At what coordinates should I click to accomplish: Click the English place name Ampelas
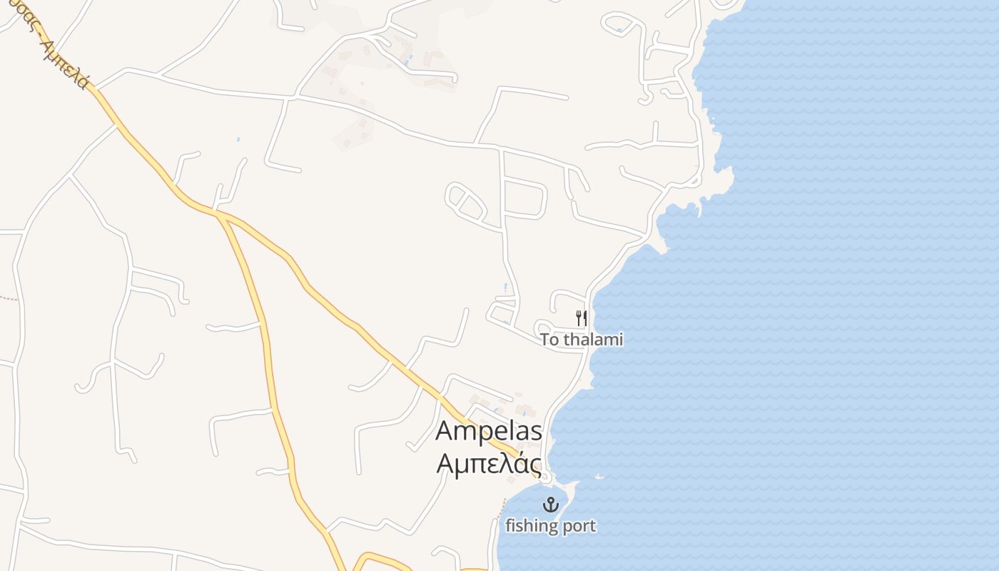coord(488,431)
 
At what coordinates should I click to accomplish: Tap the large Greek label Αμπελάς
coord(488,464)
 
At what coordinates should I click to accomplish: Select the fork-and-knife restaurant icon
coord(582,318)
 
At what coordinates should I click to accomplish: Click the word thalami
coord(593,340)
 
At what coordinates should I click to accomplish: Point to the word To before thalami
coord(549,340)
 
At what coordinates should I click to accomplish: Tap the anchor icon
coord(550,505)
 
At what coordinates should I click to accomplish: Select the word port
coord(577,527)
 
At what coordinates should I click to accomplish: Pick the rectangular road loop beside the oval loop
coord(524,198)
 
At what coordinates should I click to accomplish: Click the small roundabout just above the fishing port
coord(545,475)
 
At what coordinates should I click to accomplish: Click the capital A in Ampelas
coord(444,432)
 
